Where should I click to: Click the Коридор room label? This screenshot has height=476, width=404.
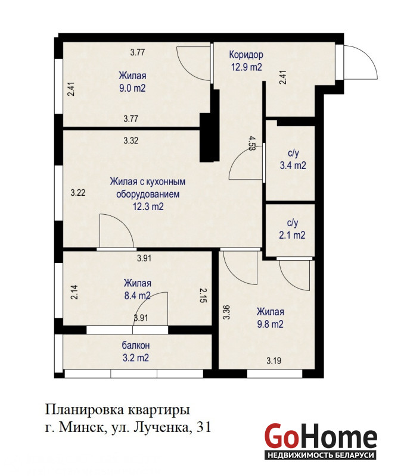(246, 55)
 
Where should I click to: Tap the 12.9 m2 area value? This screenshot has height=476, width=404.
(246, 67)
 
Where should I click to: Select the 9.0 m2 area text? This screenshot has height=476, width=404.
(132, 88)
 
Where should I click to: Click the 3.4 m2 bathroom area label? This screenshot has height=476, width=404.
(293, 165)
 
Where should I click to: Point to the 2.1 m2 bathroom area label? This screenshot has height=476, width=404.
(292, 235)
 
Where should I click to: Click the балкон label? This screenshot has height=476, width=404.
(136, 346)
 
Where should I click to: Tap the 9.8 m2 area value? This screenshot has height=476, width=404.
(271, 324)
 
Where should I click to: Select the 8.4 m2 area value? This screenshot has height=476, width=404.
(138, 295)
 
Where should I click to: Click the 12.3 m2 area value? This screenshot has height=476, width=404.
(148, 206)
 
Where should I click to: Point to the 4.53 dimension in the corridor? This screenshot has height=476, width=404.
(251, 143)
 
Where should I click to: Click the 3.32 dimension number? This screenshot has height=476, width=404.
(131, 140)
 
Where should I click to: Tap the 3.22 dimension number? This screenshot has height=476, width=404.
(78, 192)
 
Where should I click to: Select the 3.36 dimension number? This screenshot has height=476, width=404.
(226, 312)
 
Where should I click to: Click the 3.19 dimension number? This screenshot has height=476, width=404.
(274, 361)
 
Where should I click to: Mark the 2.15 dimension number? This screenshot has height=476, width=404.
(203, 295)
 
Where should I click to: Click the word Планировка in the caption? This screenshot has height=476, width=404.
(83, 411)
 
